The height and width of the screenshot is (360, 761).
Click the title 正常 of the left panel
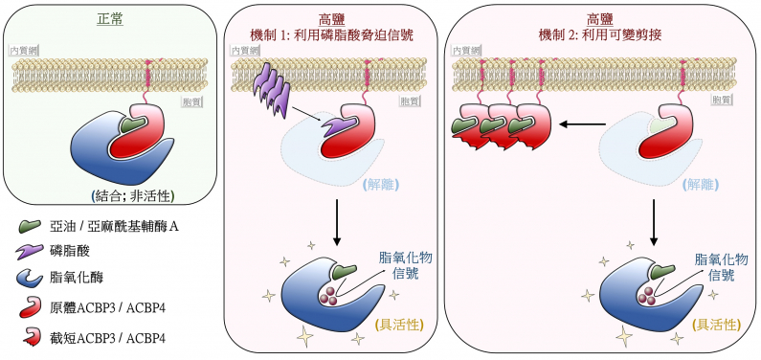(111, 18)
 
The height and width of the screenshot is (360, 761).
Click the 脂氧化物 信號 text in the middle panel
(399, 266)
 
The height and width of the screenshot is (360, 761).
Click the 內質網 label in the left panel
(22, 50)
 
